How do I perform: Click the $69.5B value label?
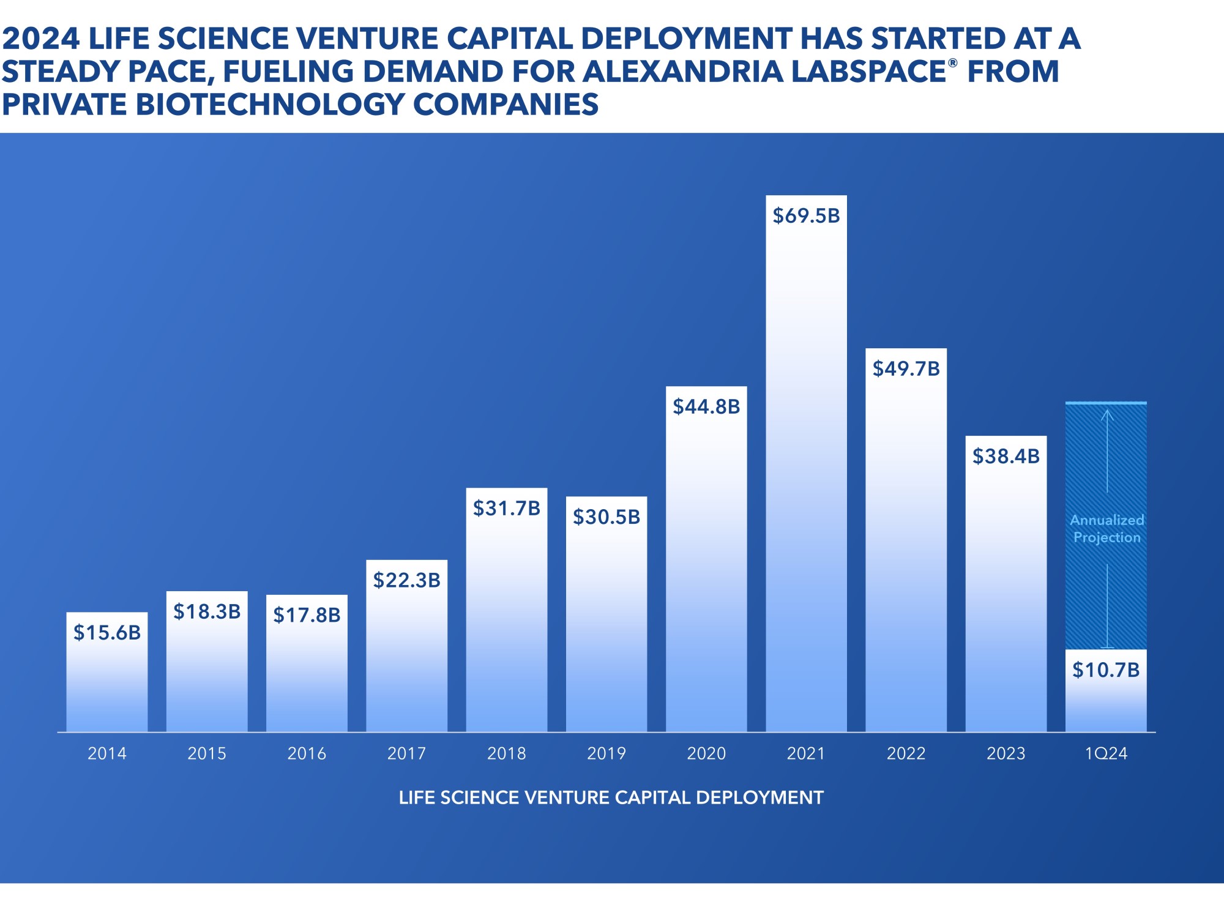(x=806, y=216)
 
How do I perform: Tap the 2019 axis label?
(x=606, y=753)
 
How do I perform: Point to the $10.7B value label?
(x=1106, y=670)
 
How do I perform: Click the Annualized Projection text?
(x=1106, y=529)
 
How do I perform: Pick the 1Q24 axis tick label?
(x=1106, y=753)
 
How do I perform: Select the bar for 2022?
(x=906, y=551)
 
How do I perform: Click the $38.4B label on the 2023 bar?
(x=1006, y=457)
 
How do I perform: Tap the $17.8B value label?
(x=307, y=615)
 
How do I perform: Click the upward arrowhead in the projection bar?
(x=1107, y=413)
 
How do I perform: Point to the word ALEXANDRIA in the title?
(x=682, y=72)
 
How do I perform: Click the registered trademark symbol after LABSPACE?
(x=952, y=62)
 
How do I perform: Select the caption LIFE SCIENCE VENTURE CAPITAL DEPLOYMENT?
(x=611, y=798)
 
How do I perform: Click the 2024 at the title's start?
(x=40, y=39)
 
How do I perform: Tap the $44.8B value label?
(x=706, y=407)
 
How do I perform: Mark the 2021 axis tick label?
(x=806, y=753)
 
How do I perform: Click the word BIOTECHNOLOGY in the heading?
(x=269, y=105)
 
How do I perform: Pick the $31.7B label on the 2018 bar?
(x=507, y=509)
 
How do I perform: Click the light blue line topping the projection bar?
(x=1106, y=403)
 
